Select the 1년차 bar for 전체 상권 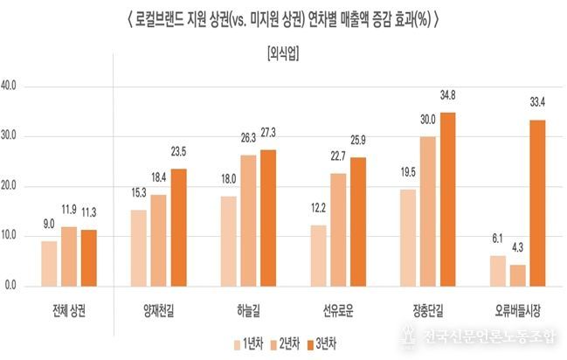tap(49, 263)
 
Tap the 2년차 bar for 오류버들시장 tap(517, 275)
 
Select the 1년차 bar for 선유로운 tap(318, 255)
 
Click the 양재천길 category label tap(159, 309)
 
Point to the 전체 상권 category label tap(69, 309)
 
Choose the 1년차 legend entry tap(251, 342)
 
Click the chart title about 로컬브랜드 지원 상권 tap(283, 17)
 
